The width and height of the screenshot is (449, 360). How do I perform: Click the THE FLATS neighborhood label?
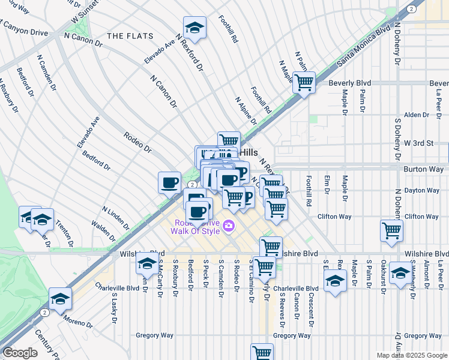coord(131,37)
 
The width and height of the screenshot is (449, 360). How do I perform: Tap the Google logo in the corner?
coord(20,353)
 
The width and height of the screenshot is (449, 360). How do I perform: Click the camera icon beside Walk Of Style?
coord(229,226)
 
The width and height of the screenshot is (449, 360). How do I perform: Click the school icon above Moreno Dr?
coord(60,299)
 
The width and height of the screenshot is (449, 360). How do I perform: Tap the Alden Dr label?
coord(413,115)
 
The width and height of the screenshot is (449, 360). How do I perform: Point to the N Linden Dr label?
coord(116,218)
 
